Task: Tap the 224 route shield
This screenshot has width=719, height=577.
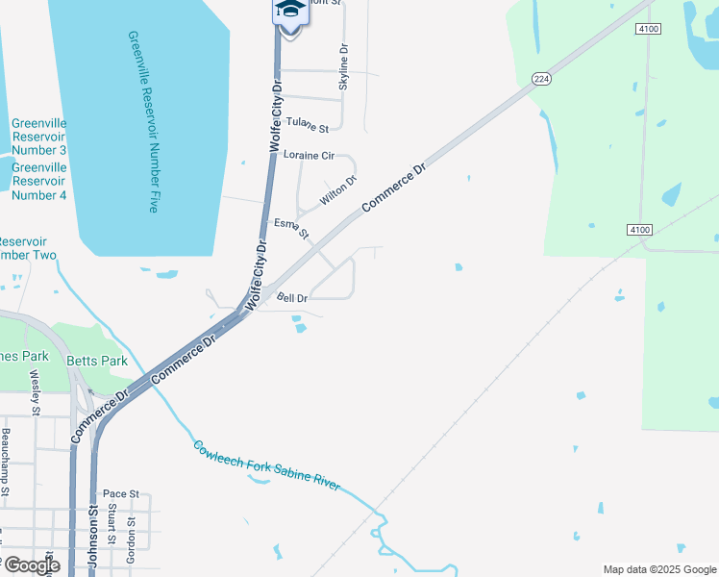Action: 542,80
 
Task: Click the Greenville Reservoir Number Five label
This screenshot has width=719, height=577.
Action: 141,121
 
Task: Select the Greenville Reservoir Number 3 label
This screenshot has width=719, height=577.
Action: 38,137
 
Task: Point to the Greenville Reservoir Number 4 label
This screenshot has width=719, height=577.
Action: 38,181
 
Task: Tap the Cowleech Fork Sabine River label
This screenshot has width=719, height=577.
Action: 266,466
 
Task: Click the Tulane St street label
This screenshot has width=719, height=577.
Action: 308,125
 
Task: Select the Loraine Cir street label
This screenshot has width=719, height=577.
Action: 308,155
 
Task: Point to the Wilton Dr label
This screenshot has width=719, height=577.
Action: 338,190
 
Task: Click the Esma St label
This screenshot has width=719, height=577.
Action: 291,228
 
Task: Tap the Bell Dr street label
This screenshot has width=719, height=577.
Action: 292,298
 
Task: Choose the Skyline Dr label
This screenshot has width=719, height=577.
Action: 343,68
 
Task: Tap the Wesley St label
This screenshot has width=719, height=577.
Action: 36,392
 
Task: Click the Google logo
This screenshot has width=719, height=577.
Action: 31,565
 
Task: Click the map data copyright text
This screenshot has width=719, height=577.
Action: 659,569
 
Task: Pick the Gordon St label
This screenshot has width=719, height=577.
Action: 132,539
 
